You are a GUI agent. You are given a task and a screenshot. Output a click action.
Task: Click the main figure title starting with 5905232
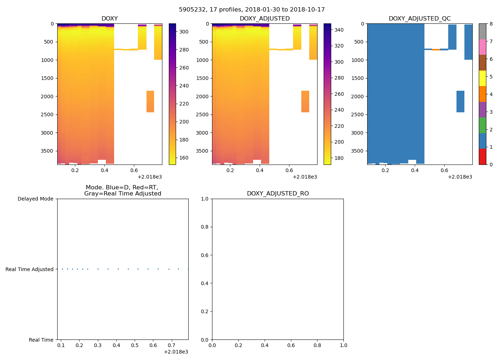tap(252, 10)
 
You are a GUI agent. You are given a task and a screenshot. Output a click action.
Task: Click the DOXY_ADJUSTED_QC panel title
tap(419, 19)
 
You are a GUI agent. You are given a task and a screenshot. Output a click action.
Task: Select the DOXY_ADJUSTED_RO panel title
tap(278, 194)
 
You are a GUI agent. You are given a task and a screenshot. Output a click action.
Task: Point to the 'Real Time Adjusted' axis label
tap(29, 269)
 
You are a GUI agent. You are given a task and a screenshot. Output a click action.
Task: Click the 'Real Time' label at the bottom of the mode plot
tap(41, 340)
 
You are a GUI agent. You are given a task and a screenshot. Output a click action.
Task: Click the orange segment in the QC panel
tap(436, 49)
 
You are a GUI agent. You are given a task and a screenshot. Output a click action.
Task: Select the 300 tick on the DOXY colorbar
tap(184, 32)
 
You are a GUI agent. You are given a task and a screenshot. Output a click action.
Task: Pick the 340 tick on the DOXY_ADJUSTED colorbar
tap(339, 30)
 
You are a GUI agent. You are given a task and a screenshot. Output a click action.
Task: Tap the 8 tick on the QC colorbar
tap(491, 24)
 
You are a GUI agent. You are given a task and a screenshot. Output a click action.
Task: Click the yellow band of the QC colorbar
tap(482, 78)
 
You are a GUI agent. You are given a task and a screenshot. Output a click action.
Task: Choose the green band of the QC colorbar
tap(482, 125)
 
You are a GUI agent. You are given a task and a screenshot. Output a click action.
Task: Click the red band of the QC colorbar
tap(482, 157)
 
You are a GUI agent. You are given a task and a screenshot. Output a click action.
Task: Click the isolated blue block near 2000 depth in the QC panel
tap(460, 102)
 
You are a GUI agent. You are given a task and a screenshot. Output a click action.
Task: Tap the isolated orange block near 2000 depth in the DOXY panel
tap(150, 102)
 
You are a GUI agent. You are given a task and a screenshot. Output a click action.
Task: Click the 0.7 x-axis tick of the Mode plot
tap(171, 345)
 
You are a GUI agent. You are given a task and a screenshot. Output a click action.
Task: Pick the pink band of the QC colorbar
tap(482, 47)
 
